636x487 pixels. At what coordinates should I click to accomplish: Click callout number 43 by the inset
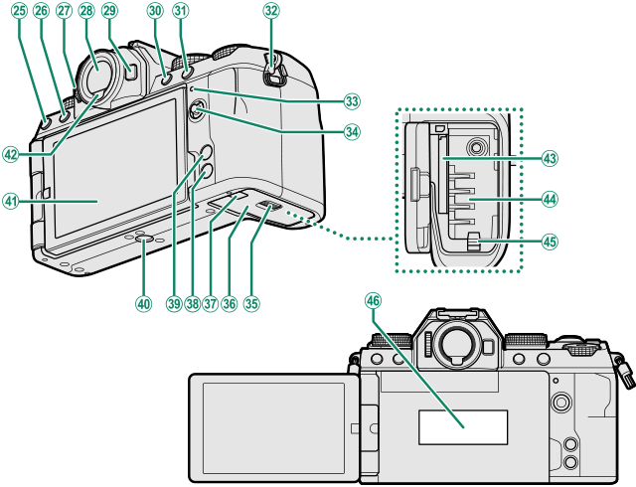549,159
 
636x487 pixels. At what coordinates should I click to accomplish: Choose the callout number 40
144,302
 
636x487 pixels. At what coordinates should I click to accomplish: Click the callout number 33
351,101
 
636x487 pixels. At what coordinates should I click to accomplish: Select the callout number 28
85,10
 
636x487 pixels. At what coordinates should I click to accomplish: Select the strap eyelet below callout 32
277,70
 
